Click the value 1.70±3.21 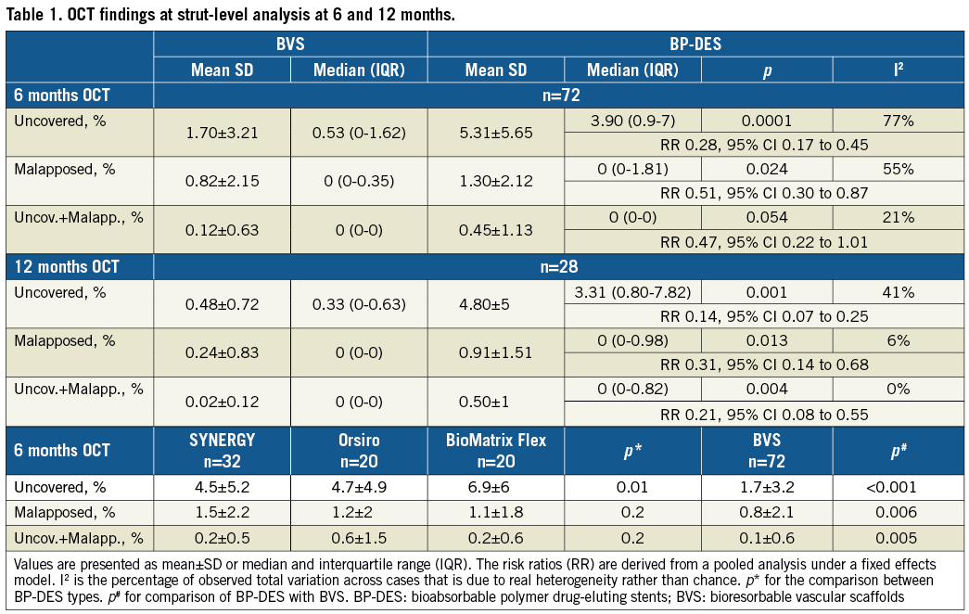pyautogui.click(x=223, y=133)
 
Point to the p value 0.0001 pyautogui.click(x=766, y=121)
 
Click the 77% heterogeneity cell pyautogui.click(x=898, y=121)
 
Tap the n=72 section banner pyautogui.click(x=558, y=95)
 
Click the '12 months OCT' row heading pyautogui.click(x=67, y=267)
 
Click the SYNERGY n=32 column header pyautogui.click(x=223, y=450)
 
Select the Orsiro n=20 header pyautogui.click(x=359, y=450)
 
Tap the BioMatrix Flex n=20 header pyautogui.click(x=496, y=450)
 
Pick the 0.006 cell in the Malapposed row pyautogui.click(x=898, y=513)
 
